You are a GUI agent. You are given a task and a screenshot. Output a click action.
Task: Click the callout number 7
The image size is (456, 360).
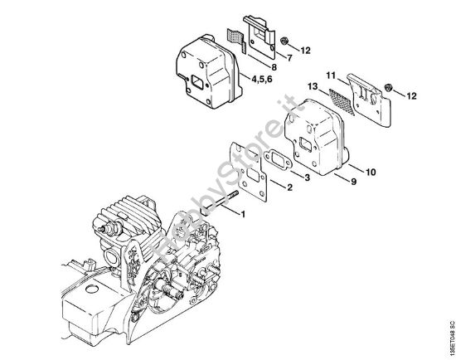(x=290, y=58)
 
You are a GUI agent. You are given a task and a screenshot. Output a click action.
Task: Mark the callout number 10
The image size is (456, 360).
(x=369, y=173)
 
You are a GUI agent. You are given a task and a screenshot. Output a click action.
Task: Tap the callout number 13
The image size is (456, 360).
(x=313, y=85)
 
